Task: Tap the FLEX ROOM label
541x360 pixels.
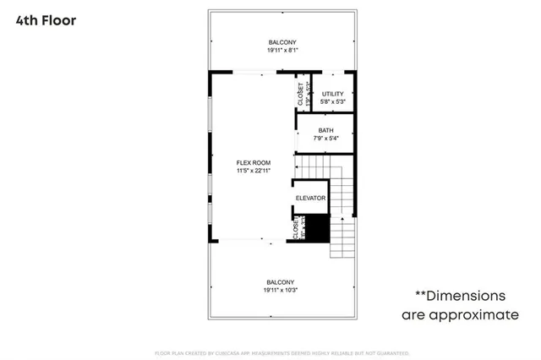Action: click(254, 162)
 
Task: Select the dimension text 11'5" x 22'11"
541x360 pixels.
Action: click(254, 171)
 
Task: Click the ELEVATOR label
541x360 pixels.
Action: click(310, 198)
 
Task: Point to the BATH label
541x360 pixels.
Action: click(325, 130)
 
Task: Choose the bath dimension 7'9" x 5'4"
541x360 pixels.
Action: click(325, 138)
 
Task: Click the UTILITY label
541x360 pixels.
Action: click(332, 93)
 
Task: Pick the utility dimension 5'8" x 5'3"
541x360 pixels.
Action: click(332, 101)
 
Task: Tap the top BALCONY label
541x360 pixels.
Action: click(282, 42)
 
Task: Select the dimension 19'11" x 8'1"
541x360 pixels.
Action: click(282, 51)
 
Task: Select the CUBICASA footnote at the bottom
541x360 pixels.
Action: click(281, 352)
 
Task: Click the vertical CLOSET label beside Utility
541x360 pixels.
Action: click(301, 93)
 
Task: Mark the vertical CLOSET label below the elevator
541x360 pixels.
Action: click(296, 228)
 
